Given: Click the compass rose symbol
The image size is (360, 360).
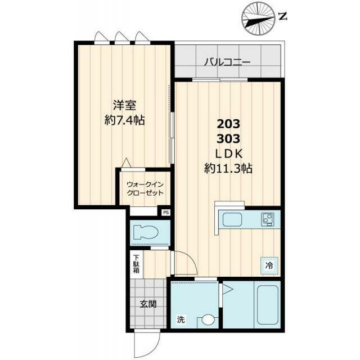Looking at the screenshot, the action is click(x=259, y=19).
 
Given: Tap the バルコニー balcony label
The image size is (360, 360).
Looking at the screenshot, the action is click(x=227, y=62).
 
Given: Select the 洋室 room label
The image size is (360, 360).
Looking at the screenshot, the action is click(x=125, y=105).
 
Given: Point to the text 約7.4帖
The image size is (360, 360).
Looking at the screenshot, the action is click(x=125, y=120).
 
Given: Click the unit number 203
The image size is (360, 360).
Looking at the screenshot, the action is click(x=228, y=124).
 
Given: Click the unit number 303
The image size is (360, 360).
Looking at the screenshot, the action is click(x=228, y=139).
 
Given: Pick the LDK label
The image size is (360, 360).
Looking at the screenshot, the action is click(x=229, y=154).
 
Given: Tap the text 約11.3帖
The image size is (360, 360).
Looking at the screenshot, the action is click(x=228, y=169).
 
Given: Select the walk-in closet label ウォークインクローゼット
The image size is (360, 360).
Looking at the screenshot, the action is click(x=145, y=188).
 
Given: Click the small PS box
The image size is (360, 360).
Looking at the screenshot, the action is click(x=166, y=213).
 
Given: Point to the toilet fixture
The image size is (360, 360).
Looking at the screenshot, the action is click(x=146, y=232).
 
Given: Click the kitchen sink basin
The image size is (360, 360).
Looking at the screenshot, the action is click(x=232, y=220).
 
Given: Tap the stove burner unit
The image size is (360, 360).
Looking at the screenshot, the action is click(x=267, y=219).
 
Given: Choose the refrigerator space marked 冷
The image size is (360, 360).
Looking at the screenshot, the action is click(x=269, y=265).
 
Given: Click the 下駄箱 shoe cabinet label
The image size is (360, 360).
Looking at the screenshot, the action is click(x=136, y=264).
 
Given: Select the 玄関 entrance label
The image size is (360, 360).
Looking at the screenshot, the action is click(x=148, y=304).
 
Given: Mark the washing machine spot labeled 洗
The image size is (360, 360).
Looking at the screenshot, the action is click(x=181, y=319).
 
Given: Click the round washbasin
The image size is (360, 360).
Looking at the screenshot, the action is click(x=208, y=319).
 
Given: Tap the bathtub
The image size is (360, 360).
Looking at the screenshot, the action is click(x=268, y=305).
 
